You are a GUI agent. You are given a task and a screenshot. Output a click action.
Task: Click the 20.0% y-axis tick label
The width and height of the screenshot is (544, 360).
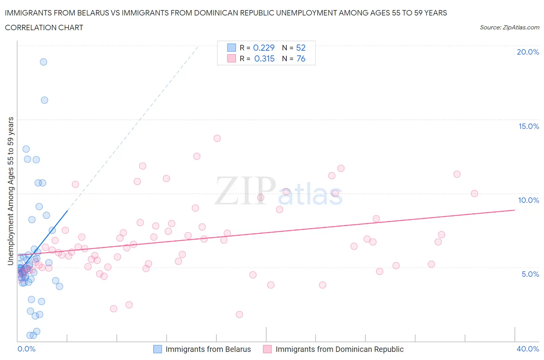[528, 52]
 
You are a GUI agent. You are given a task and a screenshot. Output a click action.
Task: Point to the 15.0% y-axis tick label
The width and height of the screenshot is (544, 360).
[529, 126]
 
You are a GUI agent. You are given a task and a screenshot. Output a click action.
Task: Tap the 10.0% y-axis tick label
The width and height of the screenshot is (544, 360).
[529, 200]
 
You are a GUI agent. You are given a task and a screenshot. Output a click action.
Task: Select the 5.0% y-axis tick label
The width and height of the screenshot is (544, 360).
[530, 274]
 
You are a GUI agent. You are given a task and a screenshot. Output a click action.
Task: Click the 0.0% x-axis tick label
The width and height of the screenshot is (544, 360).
[26, 349]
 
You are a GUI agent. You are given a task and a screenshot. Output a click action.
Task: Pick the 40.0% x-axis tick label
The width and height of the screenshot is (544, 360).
[528, 349]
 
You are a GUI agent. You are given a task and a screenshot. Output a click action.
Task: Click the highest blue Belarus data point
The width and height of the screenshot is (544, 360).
[43, 62]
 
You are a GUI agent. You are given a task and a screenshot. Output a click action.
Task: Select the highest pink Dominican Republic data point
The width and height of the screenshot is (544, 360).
[217, 139]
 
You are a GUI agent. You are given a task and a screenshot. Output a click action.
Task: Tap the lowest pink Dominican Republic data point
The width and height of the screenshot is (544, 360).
[239, 314]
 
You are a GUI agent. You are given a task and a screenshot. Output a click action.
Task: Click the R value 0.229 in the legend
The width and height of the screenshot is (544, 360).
[263, 48]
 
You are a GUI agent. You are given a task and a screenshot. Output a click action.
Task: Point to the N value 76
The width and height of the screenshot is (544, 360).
[301, 58]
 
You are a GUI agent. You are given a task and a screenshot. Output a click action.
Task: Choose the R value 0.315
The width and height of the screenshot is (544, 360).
[264, 58]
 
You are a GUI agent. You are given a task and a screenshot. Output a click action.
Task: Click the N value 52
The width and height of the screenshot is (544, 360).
[301, 48]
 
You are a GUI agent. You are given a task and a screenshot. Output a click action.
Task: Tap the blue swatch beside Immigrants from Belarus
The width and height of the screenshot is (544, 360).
[157, 349]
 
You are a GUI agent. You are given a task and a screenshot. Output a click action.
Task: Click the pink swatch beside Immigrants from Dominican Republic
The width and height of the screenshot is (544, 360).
[267, 349]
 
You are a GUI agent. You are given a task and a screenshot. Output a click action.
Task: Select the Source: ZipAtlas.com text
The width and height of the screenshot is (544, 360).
[509, 27]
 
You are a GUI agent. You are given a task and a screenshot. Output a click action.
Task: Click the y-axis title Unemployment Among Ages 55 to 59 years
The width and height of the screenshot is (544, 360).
[11, 191]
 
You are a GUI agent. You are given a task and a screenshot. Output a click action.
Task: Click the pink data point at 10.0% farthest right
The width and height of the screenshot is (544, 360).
[474, 194]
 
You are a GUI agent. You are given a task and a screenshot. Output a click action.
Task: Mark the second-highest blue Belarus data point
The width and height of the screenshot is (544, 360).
[44, 100]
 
